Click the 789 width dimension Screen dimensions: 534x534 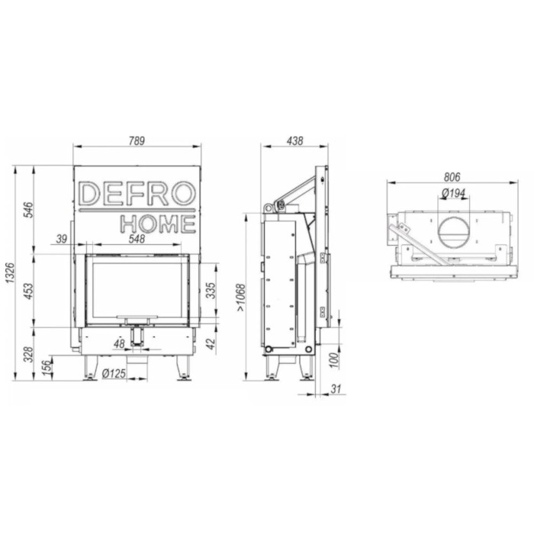pos(137,140)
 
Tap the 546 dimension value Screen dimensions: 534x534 pos(28,210)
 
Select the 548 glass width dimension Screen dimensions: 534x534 pos(137,239)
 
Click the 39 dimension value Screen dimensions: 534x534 pos(62,239)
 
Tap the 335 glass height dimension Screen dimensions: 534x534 pos(211,291)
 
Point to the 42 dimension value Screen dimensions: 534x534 pos(211,343)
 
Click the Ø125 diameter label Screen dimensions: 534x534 pos(114,373)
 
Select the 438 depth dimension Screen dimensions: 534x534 pos(294,140)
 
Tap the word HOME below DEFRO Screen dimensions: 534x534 pos(158,224)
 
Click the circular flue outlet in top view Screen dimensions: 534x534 pos(453,231)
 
